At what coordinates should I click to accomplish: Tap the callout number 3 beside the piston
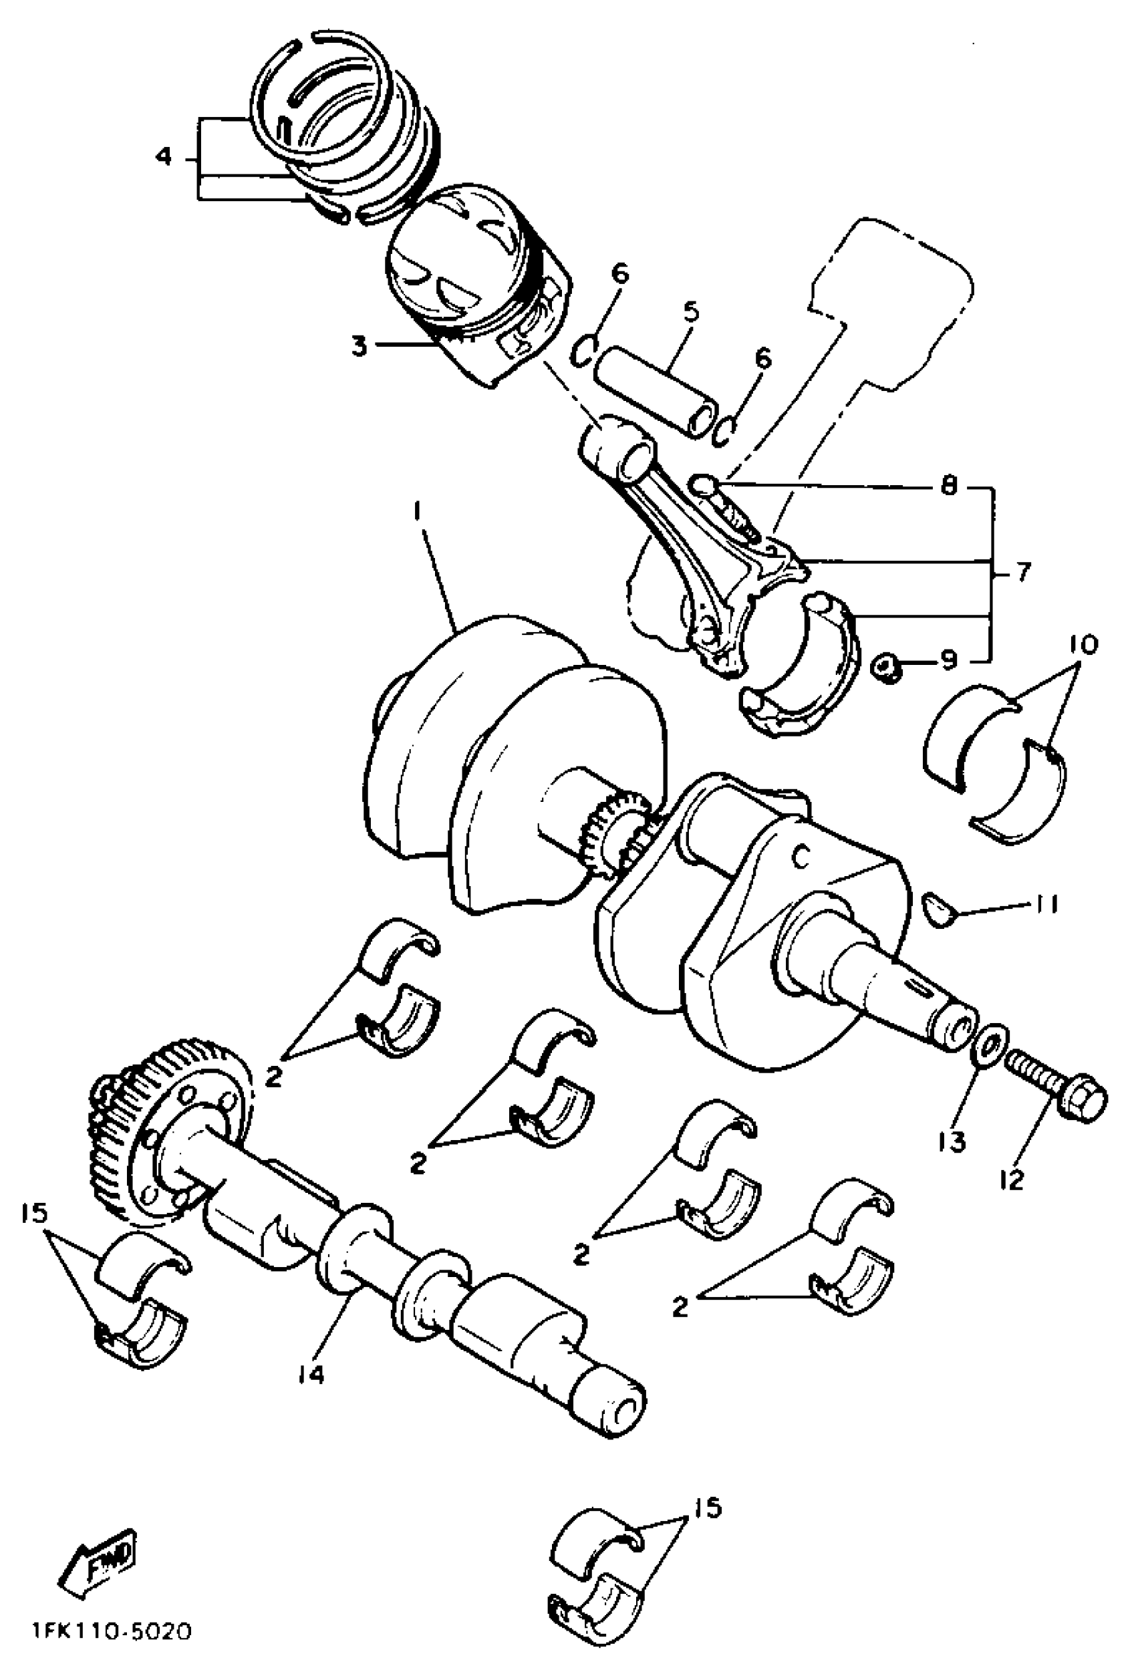pos(358,347)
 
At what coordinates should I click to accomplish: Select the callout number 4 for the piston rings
pos(164,155)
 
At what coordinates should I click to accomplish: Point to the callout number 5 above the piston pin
pos(690,312)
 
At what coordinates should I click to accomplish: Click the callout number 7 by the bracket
pos(1023,573)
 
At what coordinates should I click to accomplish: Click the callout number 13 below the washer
pos(952,1141)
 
